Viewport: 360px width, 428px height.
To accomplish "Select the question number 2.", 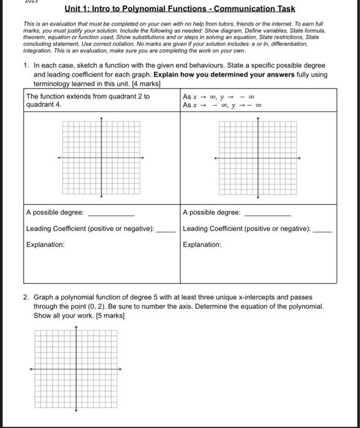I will pyautogui.click(x=25, y=296).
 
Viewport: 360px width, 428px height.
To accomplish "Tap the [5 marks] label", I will pyautogui.click(x=106, y=315).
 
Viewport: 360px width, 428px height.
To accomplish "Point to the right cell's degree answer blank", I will pyautogui.click(x=267, y=215).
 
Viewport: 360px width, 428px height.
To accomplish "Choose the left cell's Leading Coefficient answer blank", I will pyautogui.click(x=166, y=231).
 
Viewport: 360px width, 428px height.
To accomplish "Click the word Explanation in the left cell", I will pyautogui.click(x=45, y=245).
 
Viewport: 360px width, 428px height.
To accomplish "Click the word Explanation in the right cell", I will pyautogui.click(x=202, y=245).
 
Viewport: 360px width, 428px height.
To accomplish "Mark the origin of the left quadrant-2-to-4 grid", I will pyautogui.click(x=101, y=158).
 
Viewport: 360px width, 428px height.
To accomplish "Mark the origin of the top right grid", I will pyautogui.click(x=258, y=158).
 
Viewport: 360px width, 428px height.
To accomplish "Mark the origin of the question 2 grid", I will pyautogui.click(x=76, y=369).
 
